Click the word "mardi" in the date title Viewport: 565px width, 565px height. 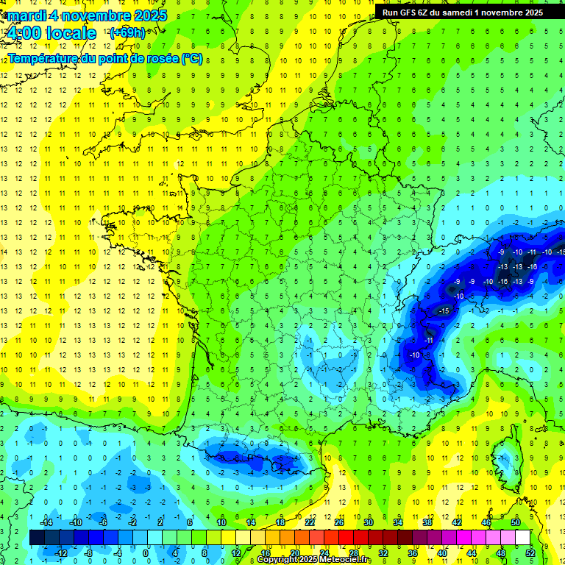25,15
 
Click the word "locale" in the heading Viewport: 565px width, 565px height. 71,33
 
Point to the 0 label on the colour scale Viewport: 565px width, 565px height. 146,553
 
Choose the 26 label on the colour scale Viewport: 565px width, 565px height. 338,522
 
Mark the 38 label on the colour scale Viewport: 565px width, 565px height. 427,522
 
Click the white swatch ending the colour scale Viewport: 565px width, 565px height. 522,538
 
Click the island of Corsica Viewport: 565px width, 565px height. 505,456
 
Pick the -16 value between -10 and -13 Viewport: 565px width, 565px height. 503,282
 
